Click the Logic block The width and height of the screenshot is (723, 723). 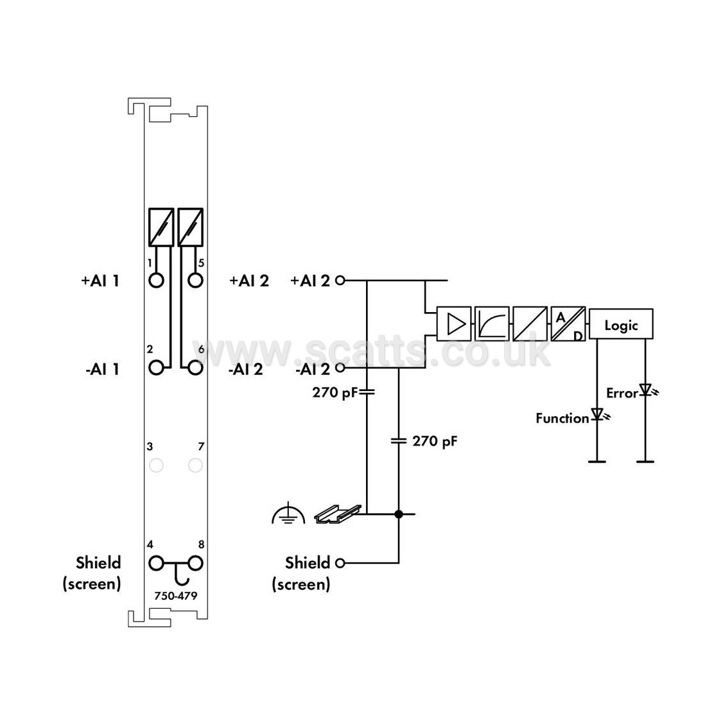point(621,324)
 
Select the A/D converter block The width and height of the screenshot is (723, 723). point(568,324)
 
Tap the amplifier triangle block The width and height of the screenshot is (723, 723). point(454,324)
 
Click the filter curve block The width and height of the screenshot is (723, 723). point(492,324)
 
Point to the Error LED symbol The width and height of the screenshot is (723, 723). point(647,391)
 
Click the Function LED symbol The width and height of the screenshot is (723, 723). point(600,415)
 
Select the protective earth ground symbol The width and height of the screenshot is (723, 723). point(288,513)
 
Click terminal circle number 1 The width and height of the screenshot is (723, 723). point(156,280)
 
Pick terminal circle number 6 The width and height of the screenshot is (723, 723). point(195,367)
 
